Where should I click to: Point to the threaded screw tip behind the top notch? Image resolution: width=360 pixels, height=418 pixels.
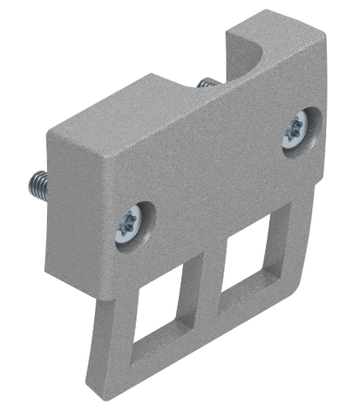pyautogui.click(x=207, y=83)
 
